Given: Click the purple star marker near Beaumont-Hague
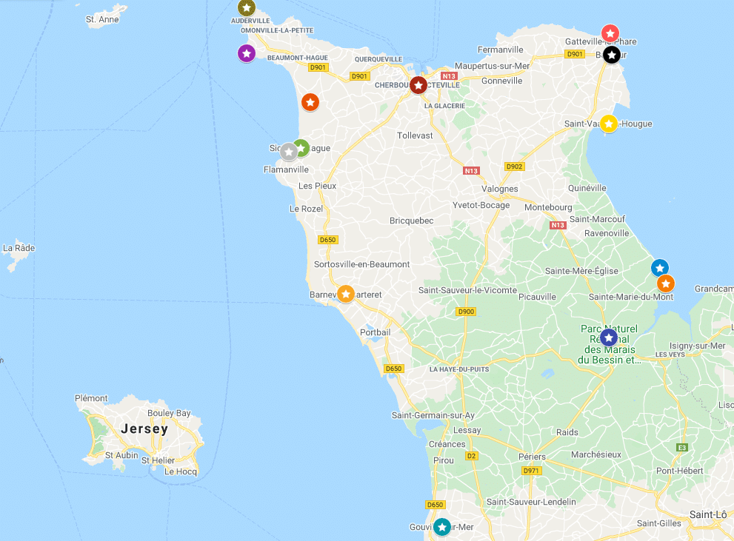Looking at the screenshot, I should (247, 53).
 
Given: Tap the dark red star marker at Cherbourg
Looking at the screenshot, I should (418, 85).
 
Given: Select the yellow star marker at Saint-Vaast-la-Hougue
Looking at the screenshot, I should (609, 124).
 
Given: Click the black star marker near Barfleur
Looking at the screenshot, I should (611, 55).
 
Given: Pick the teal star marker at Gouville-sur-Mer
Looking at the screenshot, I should (442, 527).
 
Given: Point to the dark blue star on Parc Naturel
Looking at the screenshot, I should (609, 337).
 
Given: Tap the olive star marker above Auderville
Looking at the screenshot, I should (247, 7).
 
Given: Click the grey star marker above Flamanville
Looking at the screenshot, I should (289, 151).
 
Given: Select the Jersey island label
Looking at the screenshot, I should (144, 429).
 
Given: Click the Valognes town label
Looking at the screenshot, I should (500, 189).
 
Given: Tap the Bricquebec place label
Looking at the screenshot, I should (411, 221).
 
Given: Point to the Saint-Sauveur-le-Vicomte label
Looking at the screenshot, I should (467, 290).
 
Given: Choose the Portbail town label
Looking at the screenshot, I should (375, 332).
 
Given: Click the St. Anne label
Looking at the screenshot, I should (102, 19).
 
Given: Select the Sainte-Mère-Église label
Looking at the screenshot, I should (581, 271).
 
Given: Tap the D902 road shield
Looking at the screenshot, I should (514, 167).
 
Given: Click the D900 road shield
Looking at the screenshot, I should (466, 312).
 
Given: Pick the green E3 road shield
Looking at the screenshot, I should (681, 448).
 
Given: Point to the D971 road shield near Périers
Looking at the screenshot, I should (531, 471).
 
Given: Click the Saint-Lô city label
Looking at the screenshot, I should (707, 514).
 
